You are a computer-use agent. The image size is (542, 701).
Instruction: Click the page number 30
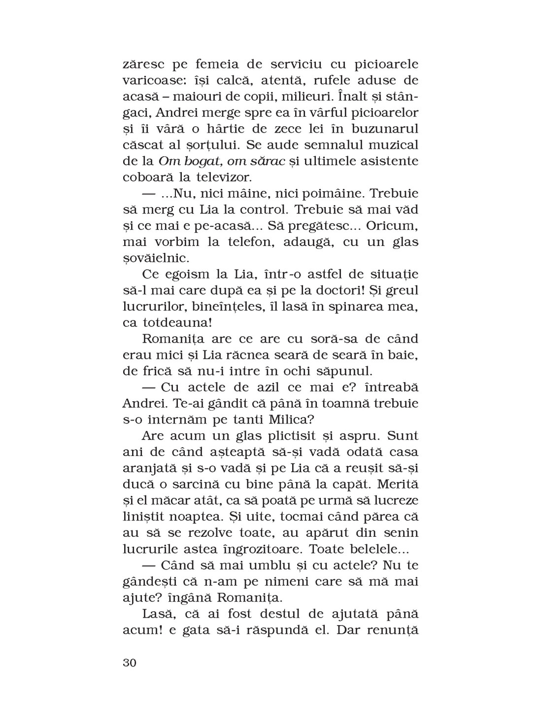[129, 662]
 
